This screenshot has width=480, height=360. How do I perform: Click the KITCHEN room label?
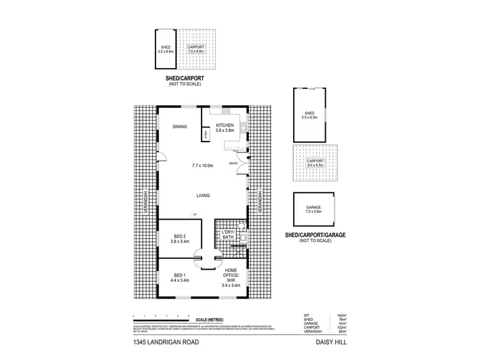tap(225, 125)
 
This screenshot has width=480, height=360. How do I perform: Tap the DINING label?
tap(179, 127)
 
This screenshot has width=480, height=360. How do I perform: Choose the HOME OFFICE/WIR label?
tap(231, 276)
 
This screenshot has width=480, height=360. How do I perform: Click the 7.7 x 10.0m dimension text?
tap(203, 166)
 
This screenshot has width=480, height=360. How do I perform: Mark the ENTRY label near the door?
tap(233, 163)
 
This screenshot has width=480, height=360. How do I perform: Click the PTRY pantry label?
tap(206, 135)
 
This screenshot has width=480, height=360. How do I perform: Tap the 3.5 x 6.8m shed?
tap(165, 49)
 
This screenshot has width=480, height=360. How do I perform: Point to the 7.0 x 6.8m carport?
tap(198, 49)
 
